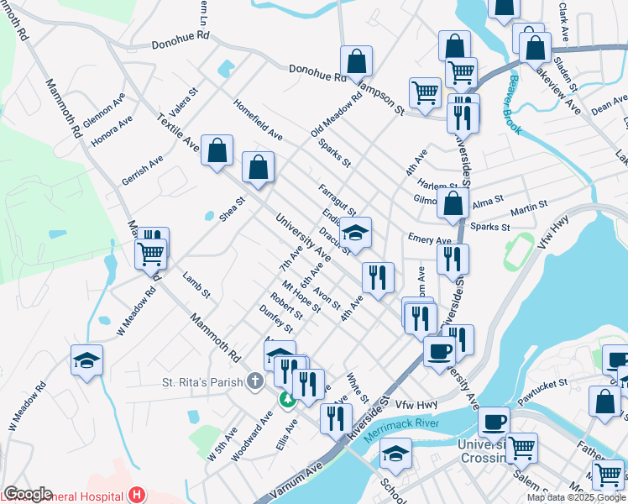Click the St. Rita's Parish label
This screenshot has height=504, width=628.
pyautogui.click(x=202, y=383)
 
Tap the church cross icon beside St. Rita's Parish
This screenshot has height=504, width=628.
pyautogui.click(x=255, y=383)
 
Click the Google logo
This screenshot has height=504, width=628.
pyautogui.click(x=27, y=494)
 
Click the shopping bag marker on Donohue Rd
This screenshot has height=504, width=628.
pyautogui.click(x=356, y=61)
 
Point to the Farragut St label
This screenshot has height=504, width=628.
pyautogui.click(x=338, y=199)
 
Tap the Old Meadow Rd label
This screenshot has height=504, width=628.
pyautogui.click(x=335, y=114)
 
